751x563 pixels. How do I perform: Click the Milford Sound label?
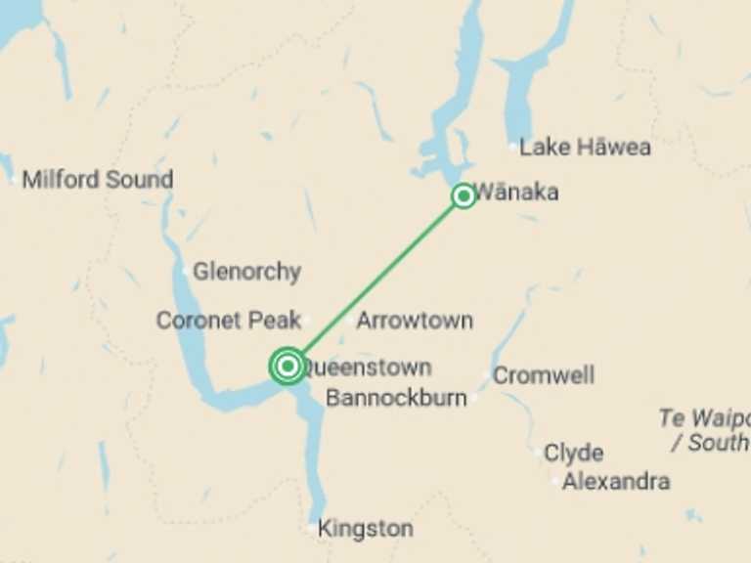coord(98,180)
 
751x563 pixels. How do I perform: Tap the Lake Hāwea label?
coord(585,148)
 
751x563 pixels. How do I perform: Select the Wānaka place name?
coord(517,192)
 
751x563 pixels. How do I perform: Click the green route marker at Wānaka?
coord(464,196)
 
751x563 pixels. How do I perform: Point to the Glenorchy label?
coord(246,272)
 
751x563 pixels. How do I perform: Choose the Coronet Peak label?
coord(228,320)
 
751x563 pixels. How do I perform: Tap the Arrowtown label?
coord(415,320)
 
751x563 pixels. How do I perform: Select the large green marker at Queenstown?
coord(287,367)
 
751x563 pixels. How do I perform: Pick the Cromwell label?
coord(544,375)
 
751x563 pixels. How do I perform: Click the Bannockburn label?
coord(396,398)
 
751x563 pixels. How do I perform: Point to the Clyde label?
coord(573,454)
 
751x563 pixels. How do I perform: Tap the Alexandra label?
coord(616,481)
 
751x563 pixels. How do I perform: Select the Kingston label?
coord(366,529)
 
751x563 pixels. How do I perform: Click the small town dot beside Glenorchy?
coord(186,271)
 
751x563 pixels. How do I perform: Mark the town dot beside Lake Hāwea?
coord(513,147)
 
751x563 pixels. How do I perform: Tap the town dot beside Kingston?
coord(312,529)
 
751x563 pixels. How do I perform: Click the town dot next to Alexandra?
coord(555,481)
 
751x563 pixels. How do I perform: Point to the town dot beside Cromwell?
coord(488,375)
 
